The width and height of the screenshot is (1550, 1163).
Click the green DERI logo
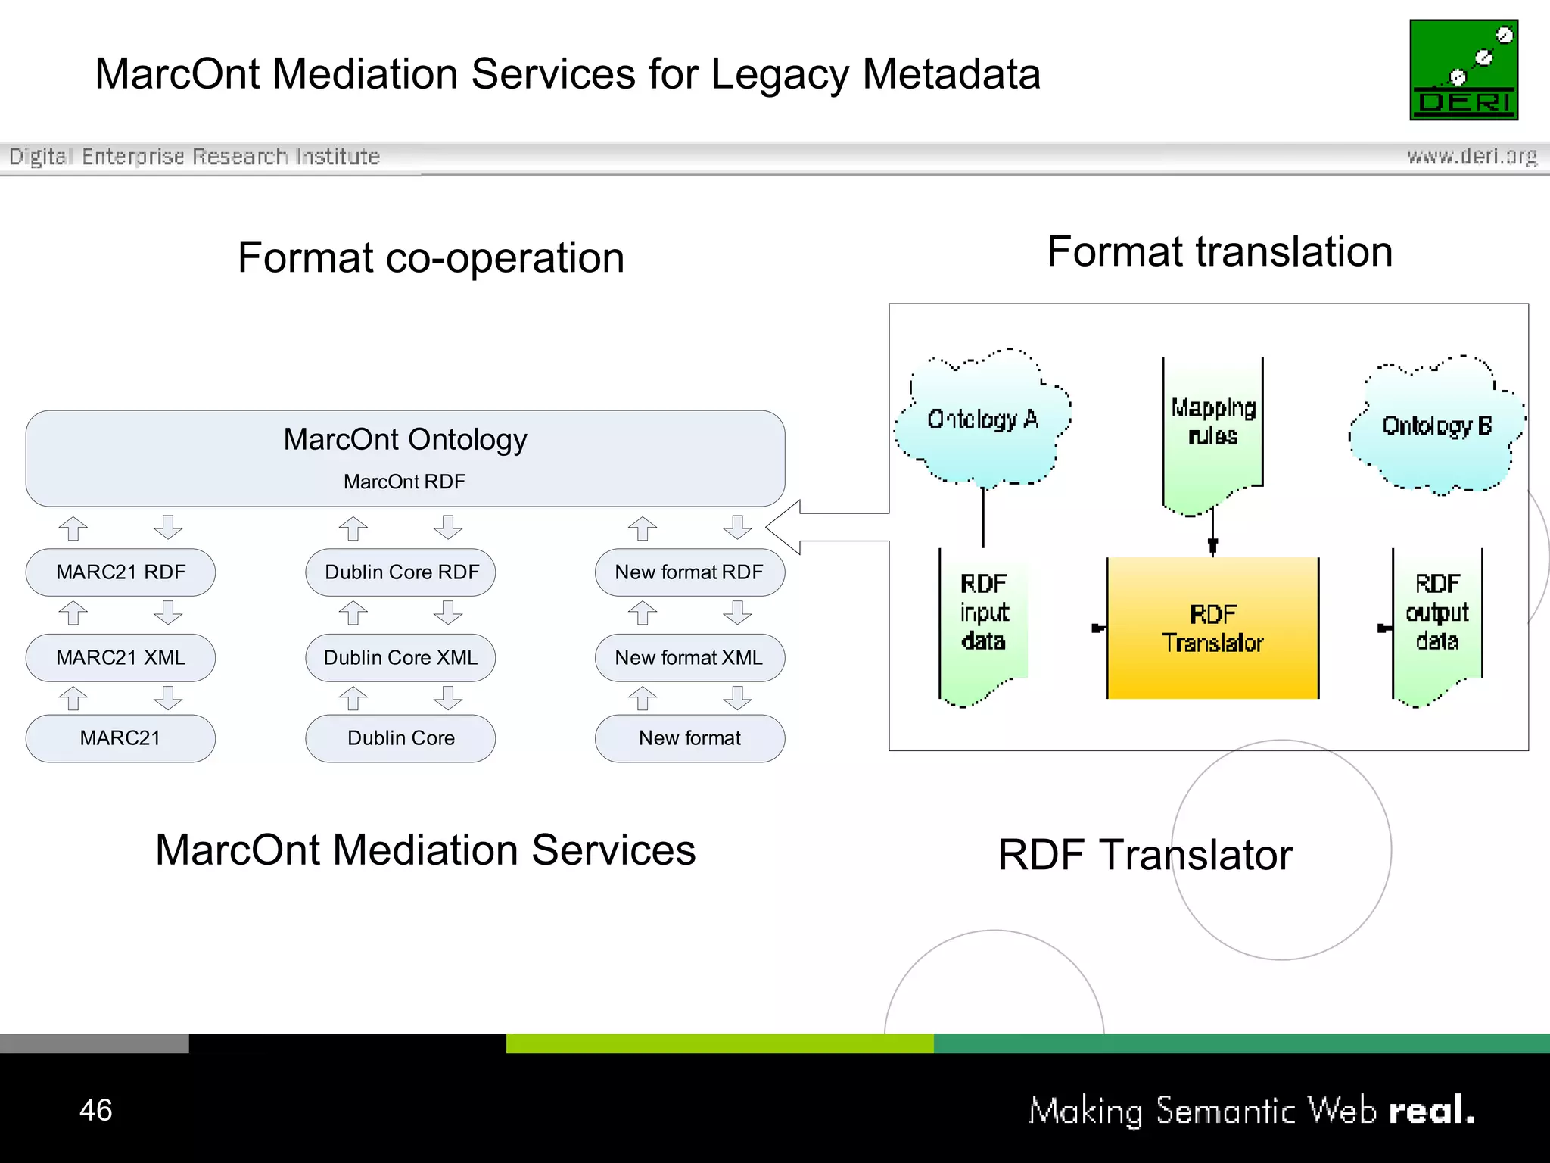pyautogui.click(x=1463, y=70)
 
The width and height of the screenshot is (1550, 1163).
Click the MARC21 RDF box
pyautogui.click(x=120, y=572)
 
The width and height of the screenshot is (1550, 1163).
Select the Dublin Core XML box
pyautogui.click(x=400, y=657)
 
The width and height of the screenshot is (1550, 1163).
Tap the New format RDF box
pyautogui.click(x=689, y=572)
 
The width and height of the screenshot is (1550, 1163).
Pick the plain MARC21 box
pyautogui.click(x=120, y=738)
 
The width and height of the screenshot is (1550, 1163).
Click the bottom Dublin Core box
pyautogui.click(x=400, y=738)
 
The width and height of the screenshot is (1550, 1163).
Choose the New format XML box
pyautogui.click(x=689, y=657)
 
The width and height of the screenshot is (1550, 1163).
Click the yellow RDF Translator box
pyautogui.click(x=1212, y=628)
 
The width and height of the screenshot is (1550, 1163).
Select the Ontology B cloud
pyautogui.click(x=1436, y=426)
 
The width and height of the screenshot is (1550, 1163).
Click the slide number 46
pyautogui.click(x=96, y=1110)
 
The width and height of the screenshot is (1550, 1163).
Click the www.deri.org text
pyautogui.click(x=1471, y=156)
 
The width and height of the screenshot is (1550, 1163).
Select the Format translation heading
pyautogui.click(x=1219, y=252)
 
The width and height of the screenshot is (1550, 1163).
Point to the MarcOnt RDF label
pyautogui.click(x=404, y=482)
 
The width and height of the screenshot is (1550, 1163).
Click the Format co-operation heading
pyautogui.click(x=431, y=258)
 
